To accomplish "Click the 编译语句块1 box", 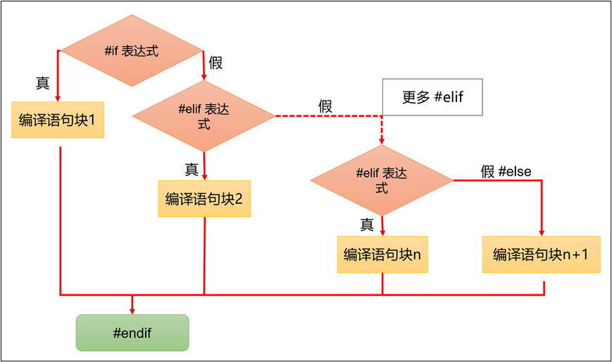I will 58,120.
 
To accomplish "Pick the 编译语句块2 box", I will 204,199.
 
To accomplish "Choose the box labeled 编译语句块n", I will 382,254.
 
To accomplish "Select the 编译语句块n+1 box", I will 541,254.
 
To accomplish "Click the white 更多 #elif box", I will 432,97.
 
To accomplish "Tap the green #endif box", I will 132,332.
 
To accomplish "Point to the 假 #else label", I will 506,171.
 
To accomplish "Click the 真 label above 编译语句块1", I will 42,82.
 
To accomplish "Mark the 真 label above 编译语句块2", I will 192,169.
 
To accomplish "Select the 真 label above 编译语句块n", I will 367,225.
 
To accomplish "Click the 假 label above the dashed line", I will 325,106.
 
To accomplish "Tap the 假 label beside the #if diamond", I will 216,63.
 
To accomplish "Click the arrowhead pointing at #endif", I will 132,309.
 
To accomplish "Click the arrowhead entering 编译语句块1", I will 57,97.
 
